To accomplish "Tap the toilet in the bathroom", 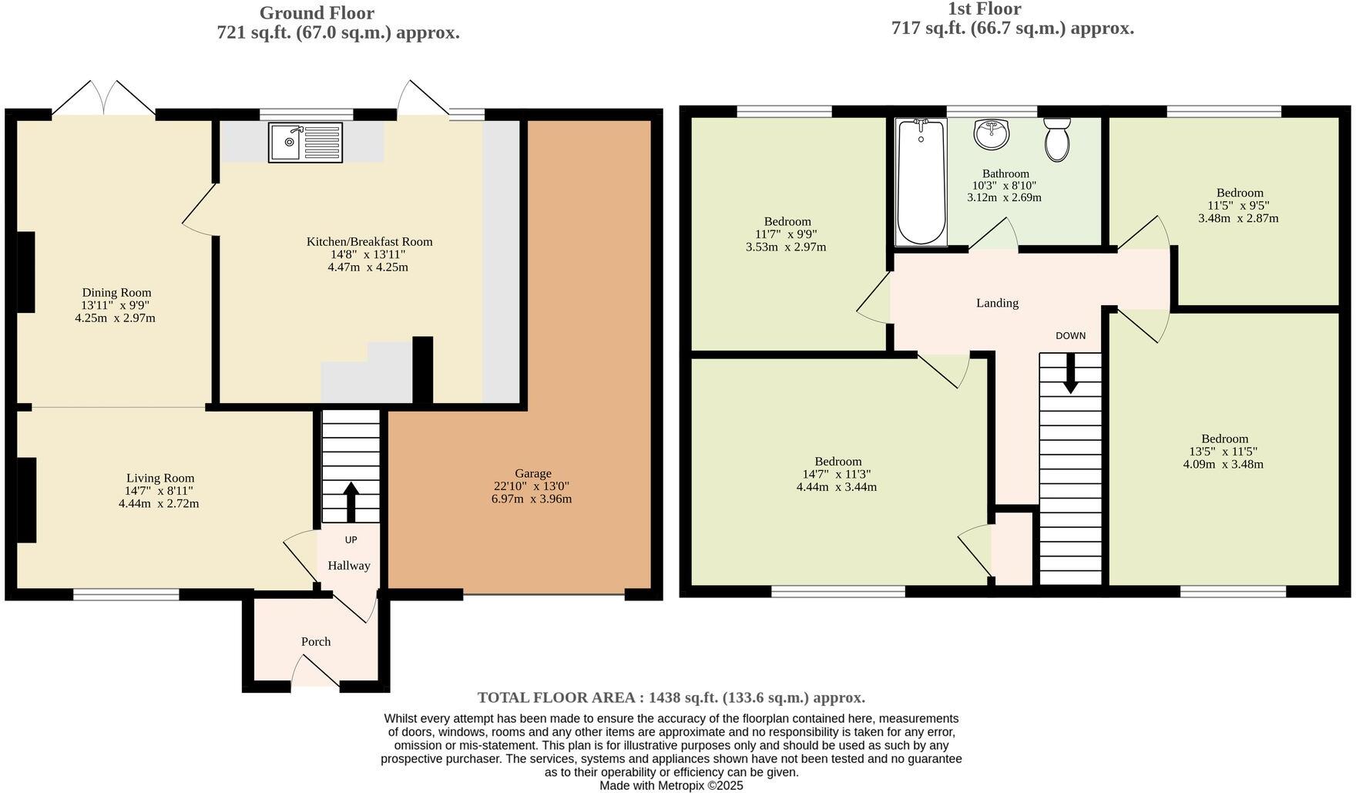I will (x=1057, y=139).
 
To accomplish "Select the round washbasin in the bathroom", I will (x=992, y=135).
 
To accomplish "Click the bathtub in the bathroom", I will (x=921, y=182).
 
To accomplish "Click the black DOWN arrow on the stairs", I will (x=1070, y=373).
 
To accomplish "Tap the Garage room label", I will (x=532, y=473).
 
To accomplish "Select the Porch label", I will (x=316, y=641).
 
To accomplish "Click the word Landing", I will (x=997, y=303).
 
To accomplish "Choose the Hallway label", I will (x=349, y=566).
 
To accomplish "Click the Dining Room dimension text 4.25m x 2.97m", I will (x=116, y=318).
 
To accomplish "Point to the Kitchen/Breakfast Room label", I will (x=369, y=242).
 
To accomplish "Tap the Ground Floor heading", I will (x=317, y=13).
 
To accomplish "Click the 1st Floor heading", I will (x=984, y=9).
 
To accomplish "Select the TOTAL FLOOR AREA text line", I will (x=671, y=697).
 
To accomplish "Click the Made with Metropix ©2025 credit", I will (x=671, y=785).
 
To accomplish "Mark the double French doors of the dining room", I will (x=104, y=98).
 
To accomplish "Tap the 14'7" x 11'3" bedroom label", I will (x=836, y=475).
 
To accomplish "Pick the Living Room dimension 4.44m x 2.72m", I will (x=159, y=503).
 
